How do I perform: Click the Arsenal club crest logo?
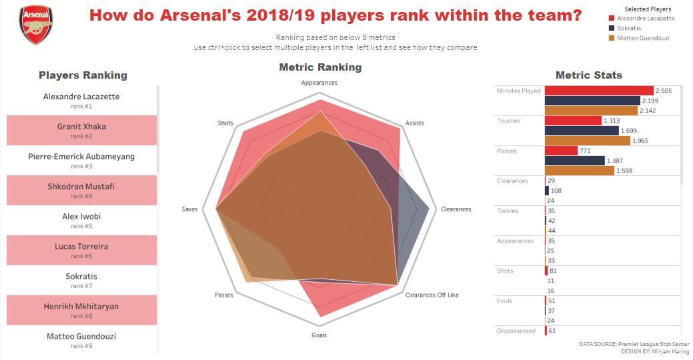(x=36, y=25)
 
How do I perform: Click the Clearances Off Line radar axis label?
(x=432, y=295)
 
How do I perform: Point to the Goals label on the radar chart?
(x=319, y=335)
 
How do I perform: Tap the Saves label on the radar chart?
(x=189, y=209)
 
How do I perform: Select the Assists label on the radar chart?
(x=414, y=123)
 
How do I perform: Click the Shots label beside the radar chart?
(x=225, y=123)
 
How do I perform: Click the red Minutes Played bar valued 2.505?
(x=598, y=91)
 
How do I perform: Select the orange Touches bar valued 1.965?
(x=587, y=141)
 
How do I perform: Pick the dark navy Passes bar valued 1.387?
(x=574, y=161)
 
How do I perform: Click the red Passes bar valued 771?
(x=560, y=151)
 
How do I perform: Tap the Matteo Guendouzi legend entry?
(x=642, y=38)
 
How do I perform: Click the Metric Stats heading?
(x=588, y=75)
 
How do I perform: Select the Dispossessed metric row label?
(x=516, y=331)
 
